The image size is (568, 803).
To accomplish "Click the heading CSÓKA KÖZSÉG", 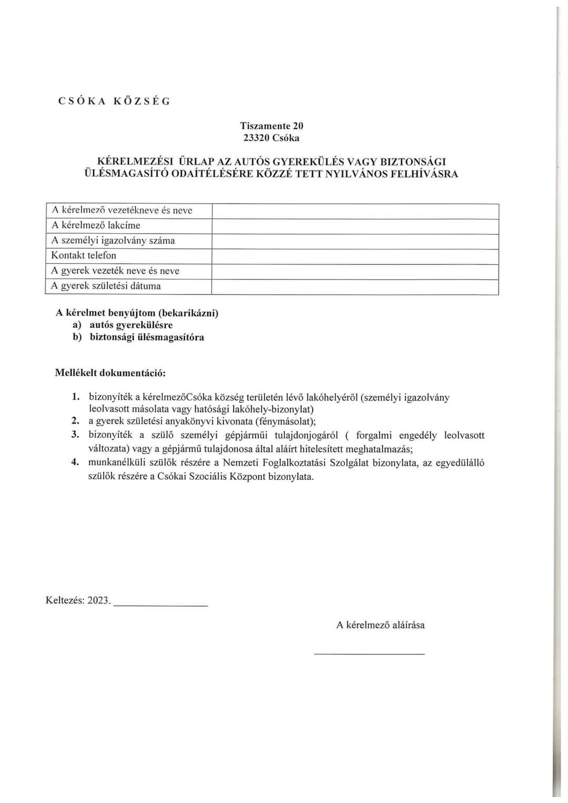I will click(x=114, y=102).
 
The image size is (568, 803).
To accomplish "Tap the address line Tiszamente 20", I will click(x=271, y=126).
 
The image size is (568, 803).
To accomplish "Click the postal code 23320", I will click(x=256, y=138).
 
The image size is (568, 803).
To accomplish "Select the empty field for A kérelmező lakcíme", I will click(x=355, y=226).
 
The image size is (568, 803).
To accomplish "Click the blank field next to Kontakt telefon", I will click(x=355, y=256).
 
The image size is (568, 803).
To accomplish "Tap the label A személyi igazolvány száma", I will click(x=113, y=240).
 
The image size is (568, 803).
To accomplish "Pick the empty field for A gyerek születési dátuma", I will click(x=355, y=287).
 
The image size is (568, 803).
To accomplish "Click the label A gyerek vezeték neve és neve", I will click(x=115, y=271).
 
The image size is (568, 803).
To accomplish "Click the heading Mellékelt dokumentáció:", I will click(x=110, y=373).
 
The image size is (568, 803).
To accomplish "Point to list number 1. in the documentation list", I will click(x=76, y=397).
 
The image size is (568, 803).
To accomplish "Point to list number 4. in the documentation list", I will click(x=75, y=462).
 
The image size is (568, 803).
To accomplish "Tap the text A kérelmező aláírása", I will click(x=380, y=625).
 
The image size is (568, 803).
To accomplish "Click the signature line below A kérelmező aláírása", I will click(x=369, y=653).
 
